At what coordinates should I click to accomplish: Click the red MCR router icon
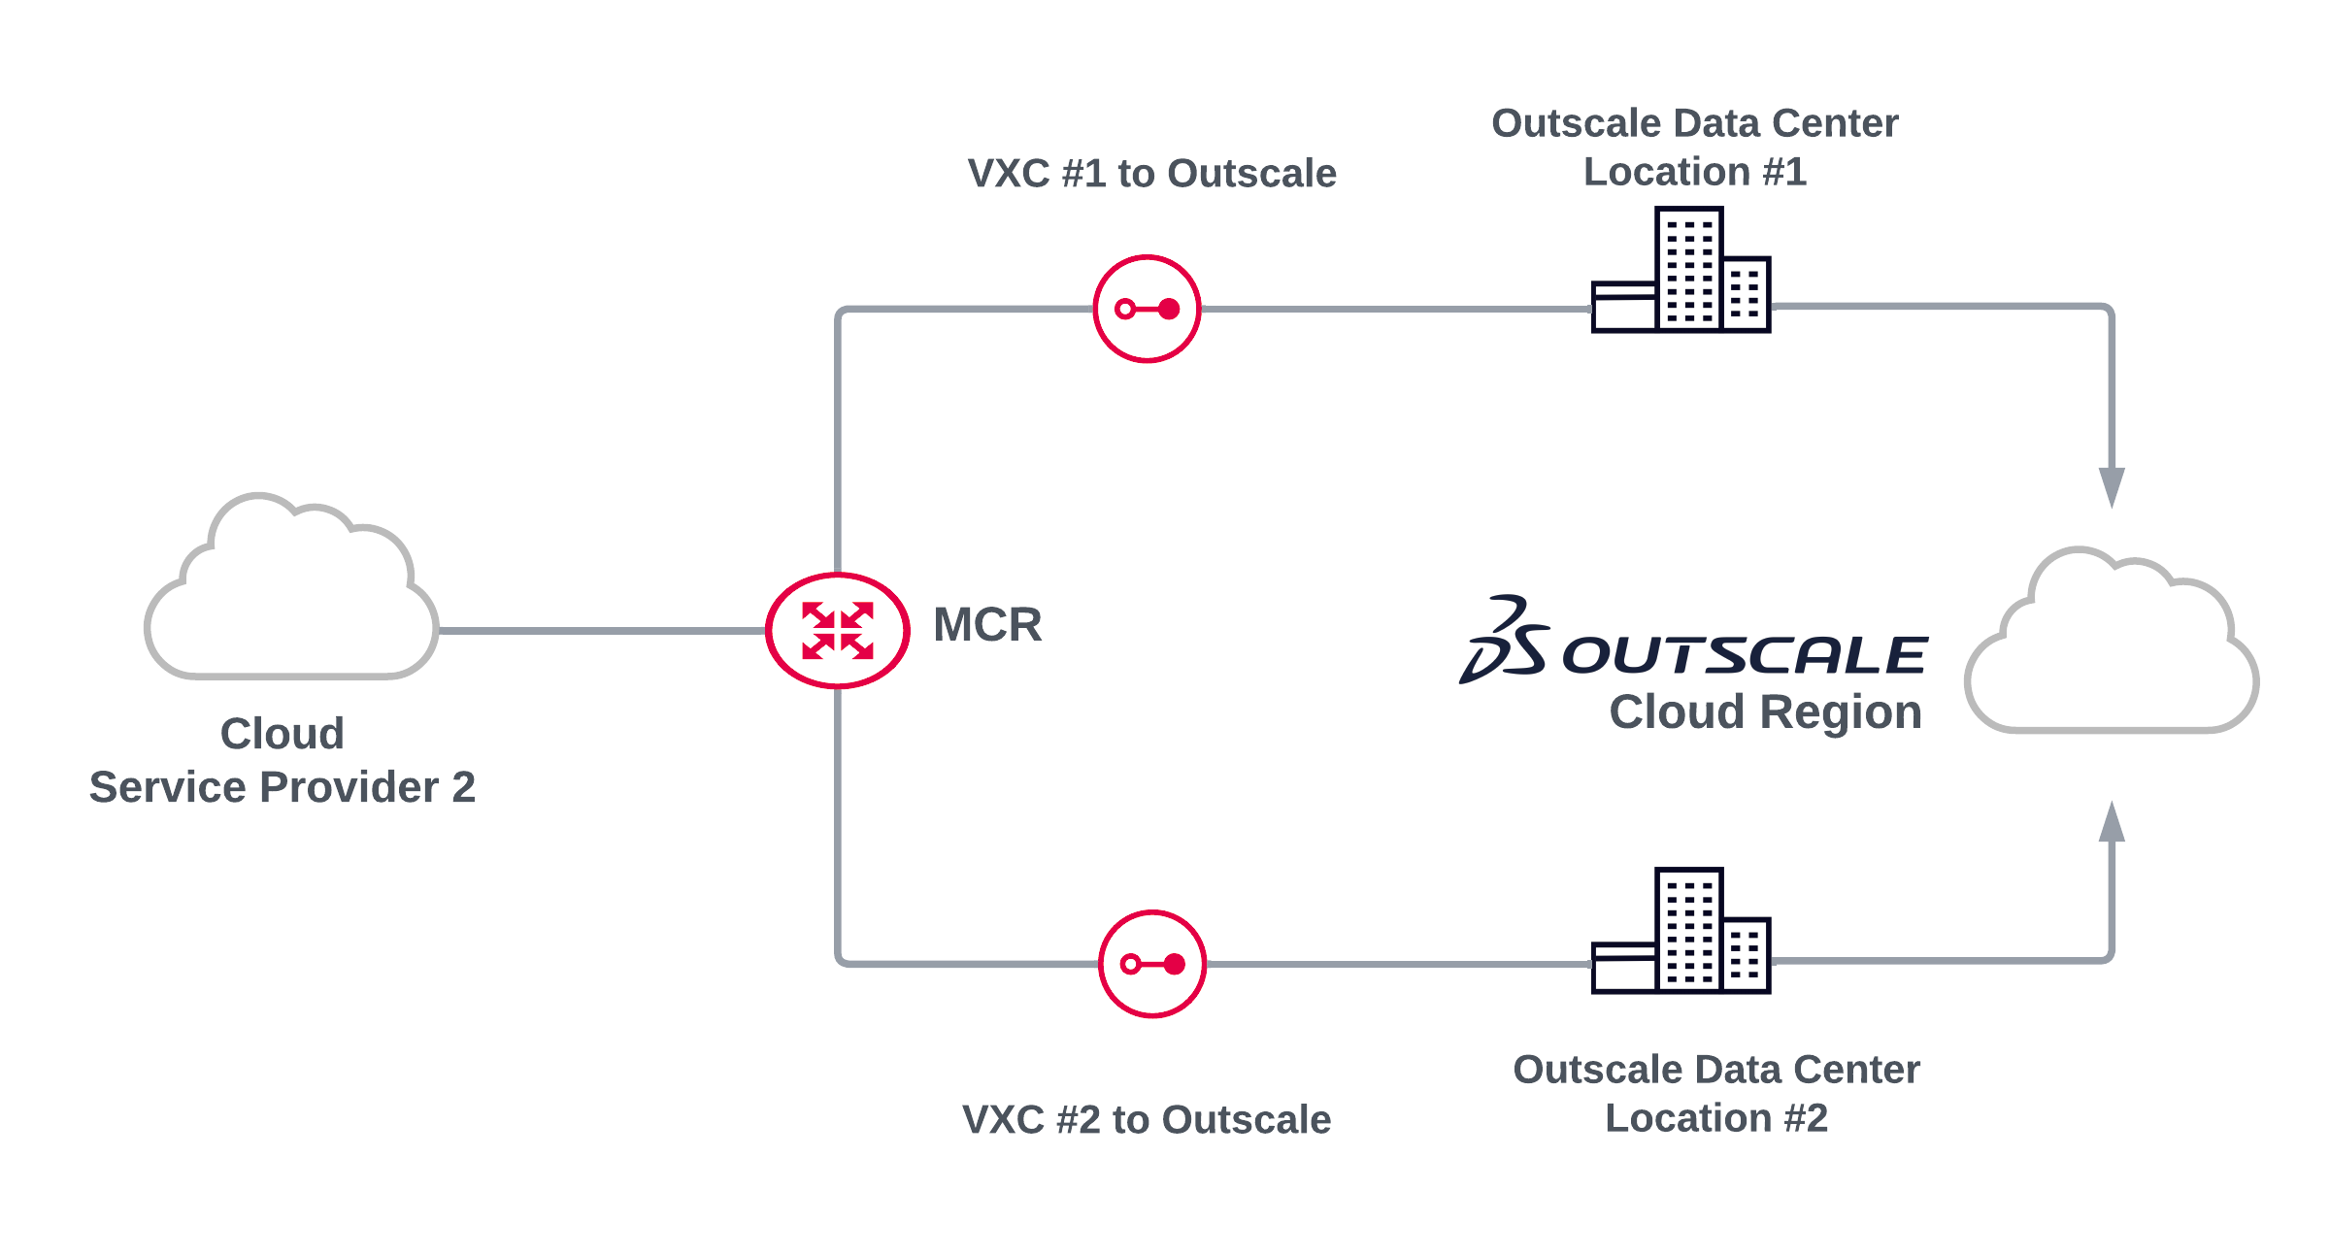point(837,630)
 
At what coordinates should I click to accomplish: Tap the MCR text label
point(986,624)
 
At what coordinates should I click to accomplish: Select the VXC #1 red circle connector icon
point(1147,309)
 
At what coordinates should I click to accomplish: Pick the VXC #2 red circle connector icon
point(1151,964)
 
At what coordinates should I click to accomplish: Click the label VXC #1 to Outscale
point(1151,174)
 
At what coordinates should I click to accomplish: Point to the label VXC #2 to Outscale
point(1146,1119)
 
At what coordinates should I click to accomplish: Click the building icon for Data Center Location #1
point(1681,271)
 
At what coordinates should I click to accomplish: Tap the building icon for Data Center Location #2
point(1681,932)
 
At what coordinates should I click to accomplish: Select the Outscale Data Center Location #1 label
point(1694,148)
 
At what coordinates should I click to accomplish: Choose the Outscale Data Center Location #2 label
point(1715,1094)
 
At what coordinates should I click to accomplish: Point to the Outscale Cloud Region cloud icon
point(2112,645)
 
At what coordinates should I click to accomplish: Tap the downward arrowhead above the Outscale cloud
point(2112,485)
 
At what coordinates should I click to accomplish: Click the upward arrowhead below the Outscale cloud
point(2112,823)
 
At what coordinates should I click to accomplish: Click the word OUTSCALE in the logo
point(1744,655)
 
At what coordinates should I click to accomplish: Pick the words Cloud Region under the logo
point(1765,711)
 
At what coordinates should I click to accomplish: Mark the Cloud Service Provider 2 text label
point(283,760)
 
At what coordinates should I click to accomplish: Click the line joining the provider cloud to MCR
point(602,631)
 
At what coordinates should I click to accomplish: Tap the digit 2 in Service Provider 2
point(463,787)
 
